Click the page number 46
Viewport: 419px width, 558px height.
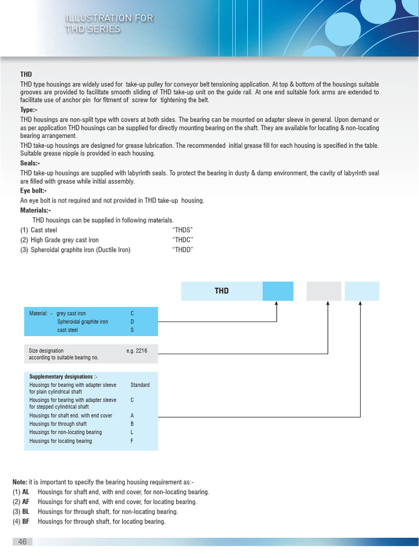(x=22, y=542)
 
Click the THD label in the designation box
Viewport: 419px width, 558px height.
(x=222, y=291)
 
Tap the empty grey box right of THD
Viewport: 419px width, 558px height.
(x=324, y=291)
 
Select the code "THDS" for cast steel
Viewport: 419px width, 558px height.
(x=183, y=231)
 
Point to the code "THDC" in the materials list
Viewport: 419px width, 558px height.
(x=183, y=240)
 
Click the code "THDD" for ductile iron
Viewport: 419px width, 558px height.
(x=183, y=250)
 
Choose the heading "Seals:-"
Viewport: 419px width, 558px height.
(x=30, y=163)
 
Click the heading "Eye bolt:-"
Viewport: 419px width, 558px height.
(x=33, y=191)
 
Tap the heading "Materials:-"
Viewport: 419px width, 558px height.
(x=35, y=210)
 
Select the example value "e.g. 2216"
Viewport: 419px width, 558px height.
(x=137, y=351)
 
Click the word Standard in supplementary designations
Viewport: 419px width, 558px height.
(x=140, y=385)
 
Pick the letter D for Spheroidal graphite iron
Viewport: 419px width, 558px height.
(x=132, y=322)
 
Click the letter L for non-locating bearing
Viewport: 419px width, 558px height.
(x=132, y=433)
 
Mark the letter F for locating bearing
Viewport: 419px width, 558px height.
(x=132, y=441)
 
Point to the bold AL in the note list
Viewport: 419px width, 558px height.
(x=26, y=492)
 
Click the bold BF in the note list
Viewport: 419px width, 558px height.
(x=26, y=521)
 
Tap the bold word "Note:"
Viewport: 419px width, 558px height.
(x=20, y=482)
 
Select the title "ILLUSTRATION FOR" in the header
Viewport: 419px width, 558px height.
(x=109, y=19)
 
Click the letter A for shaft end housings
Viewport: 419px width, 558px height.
(x=132, y=416)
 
